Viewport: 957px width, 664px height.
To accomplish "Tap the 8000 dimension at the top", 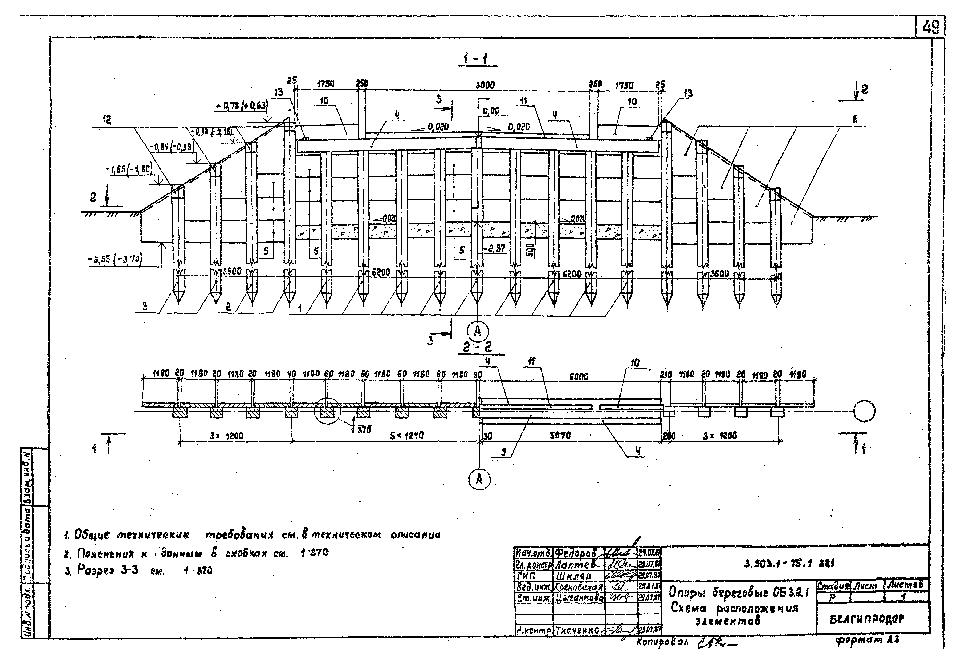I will point(485,85).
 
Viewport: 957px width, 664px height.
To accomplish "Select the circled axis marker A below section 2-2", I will point(479,480).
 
